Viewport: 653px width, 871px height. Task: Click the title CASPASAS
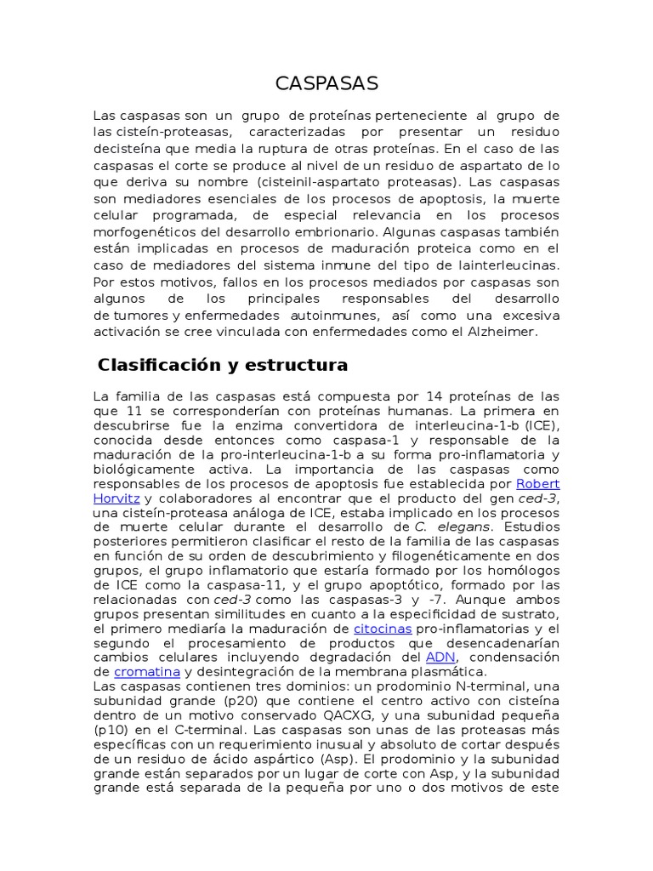tap(326, 83)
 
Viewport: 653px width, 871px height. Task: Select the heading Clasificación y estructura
tap(223, 365)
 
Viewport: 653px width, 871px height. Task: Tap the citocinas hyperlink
tap(383, 629)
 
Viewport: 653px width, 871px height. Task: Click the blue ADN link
tap(440, 658)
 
